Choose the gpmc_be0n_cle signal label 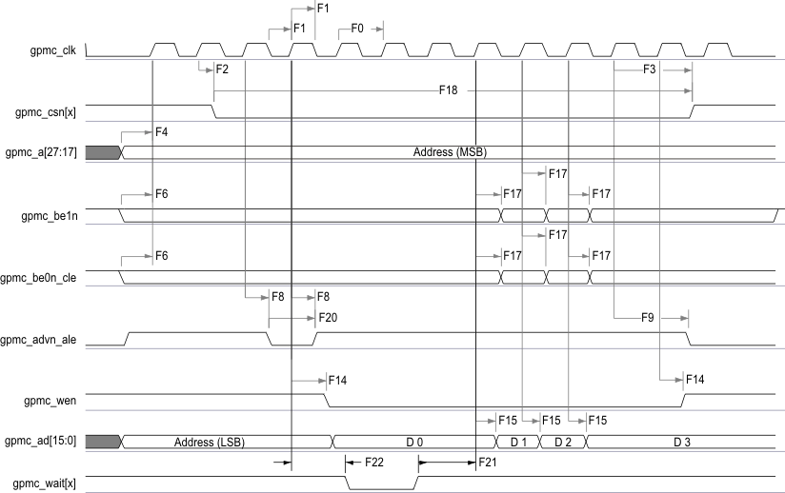[x=44, y=278]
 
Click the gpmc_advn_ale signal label [x=47, y=340]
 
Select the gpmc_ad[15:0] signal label [x=45, y=441]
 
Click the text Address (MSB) [x=452, y=152]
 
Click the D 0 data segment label [x=414, y=442]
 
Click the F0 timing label [x=357, y=29]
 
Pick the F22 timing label [x=374, y=462]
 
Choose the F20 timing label [x=328, y=317]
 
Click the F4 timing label [x=160, y=132]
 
